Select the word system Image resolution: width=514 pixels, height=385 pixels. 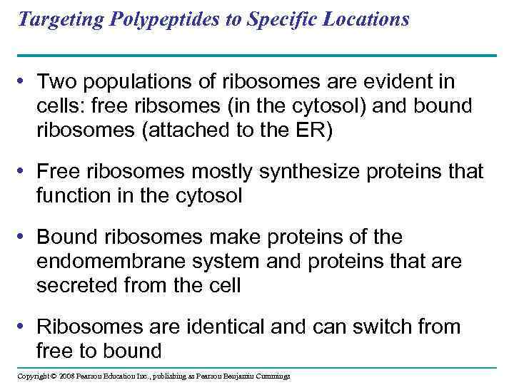tap(225, 262)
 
